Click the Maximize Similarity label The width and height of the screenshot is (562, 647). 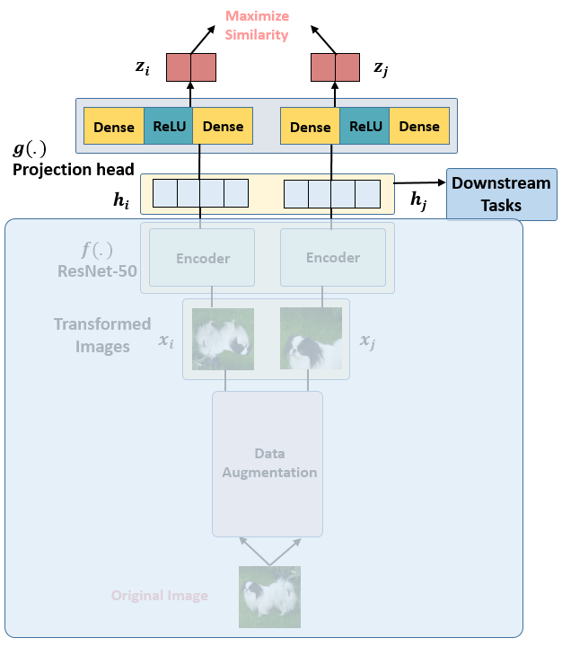coord(257,26)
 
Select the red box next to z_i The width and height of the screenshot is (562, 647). coord(190,67)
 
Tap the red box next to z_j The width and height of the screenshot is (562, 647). coord(335,67)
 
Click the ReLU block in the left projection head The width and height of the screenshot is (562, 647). coord(169,127)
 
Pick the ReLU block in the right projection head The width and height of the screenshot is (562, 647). coord(365,127)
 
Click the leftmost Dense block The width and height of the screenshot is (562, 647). coord(114,127)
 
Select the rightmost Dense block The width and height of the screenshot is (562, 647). coord(419,127)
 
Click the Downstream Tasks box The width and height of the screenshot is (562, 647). coord(501,194)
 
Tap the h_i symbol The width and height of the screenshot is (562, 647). coord(121,202)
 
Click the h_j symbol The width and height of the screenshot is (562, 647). coord(419,202)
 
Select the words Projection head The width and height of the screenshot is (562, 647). coord(74,170)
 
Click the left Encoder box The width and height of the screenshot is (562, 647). coord(202,258)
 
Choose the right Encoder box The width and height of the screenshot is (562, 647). coord(333,258)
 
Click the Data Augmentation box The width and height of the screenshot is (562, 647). coord(268,463)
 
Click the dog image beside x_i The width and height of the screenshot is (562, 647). coord(224,339)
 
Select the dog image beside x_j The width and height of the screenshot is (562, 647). coord(311,339)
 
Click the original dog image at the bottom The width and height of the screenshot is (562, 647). coord(269,597)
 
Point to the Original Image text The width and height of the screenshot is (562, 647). coord(160,596)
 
